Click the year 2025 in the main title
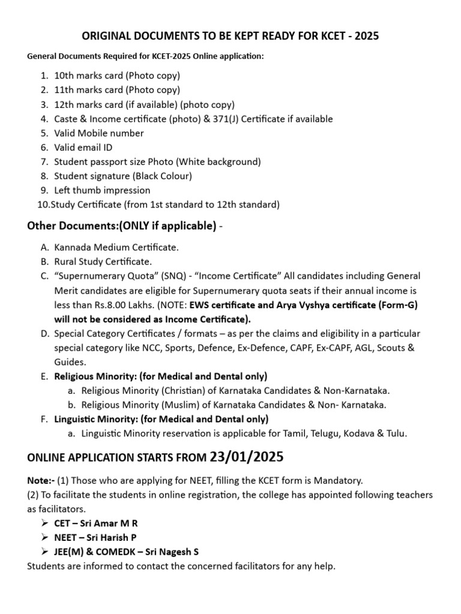pyautogui.click(x=367, y=37)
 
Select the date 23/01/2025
pyautogui.click(x=247, y=457)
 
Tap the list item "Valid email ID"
pyautogui.click(x=83, y=147)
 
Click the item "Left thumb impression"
pyautogui.click(x=102, y=190)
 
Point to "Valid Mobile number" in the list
pyautogui.click(x=99, y=133)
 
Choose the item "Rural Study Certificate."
pyautogui.click(x=103, y=261)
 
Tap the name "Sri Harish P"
pyautogui.click(x=118, y=537)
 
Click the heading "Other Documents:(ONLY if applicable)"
pyautogui.click(x=122, y=226)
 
